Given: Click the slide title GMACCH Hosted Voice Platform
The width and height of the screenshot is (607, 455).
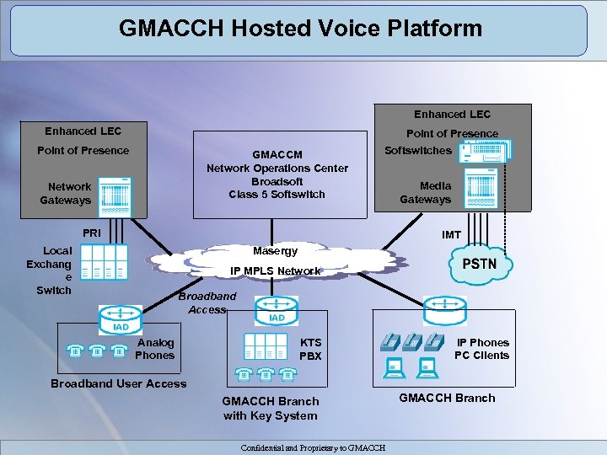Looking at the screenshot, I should [300, 29].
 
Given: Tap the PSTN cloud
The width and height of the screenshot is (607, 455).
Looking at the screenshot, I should [480, 264].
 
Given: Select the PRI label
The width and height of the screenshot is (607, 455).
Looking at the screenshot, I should [91, 233].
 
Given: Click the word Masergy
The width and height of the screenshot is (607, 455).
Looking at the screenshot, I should [275, 251].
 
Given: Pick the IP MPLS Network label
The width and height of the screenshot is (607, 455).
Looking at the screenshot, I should [276, 270].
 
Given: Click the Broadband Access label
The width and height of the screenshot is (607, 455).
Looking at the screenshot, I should [207, 302].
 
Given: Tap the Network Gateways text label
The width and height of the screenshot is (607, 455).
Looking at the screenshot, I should [67, 193].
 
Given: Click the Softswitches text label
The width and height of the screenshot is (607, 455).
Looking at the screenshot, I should [417, 151].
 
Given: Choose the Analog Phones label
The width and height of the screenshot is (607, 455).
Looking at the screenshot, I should [155, 349].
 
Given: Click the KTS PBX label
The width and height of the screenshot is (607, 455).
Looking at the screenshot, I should [310, 349].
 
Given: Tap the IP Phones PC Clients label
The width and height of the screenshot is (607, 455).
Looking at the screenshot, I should [482, 349].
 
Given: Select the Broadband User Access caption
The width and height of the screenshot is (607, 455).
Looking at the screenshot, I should [118, 383].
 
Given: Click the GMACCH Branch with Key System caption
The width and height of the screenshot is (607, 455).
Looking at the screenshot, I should [270, 409].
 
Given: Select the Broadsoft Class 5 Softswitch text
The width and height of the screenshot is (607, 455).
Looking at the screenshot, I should [277, 188].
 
